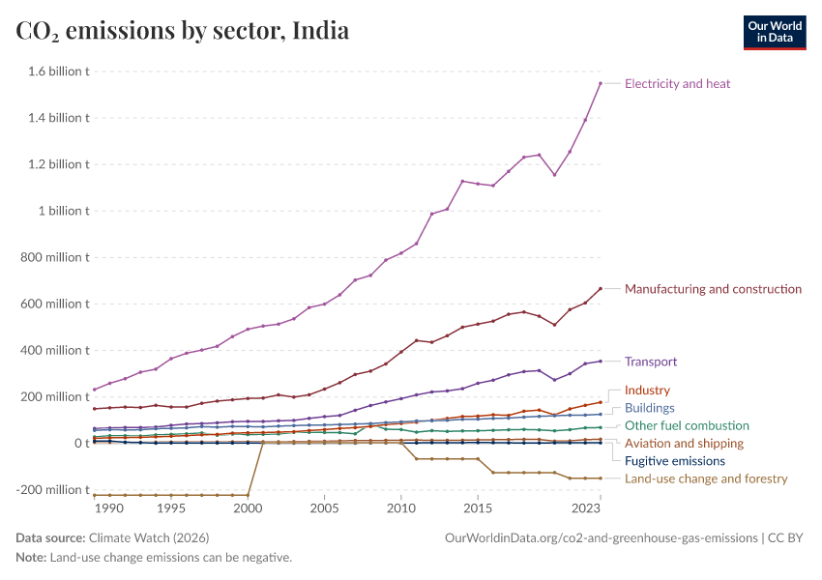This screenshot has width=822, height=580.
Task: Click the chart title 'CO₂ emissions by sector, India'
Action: (183, 31)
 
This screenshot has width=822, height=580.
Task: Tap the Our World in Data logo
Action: (774, 32)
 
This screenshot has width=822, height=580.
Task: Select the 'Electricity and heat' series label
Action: (677, 84)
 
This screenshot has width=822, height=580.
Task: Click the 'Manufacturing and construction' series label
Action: (713, 289)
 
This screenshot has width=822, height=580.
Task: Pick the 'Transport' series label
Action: (651, 362)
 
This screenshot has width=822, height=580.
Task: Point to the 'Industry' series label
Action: (647, 391)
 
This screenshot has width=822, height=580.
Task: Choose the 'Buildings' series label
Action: (650, 408)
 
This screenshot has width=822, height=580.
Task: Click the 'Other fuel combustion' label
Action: (687, 425)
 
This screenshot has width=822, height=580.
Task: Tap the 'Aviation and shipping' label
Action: (685, 444)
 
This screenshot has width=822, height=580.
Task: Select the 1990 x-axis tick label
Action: (108, 507)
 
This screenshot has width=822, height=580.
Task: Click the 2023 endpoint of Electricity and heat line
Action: (600, 83)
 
